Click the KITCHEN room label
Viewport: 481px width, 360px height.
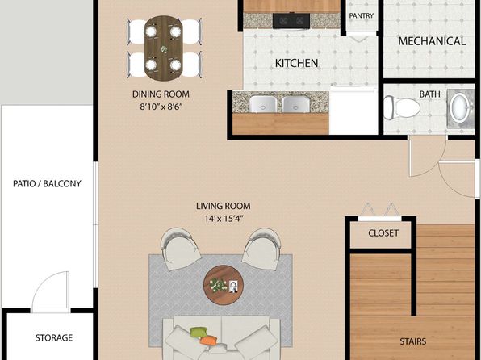point(296,63)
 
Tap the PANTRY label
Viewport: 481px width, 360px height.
point(362,15)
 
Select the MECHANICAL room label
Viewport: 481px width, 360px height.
point(432,41)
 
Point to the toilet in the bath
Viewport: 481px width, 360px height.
point(402,107)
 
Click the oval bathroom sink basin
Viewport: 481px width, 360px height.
point(459,107)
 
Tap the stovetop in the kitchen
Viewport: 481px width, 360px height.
point(291,21)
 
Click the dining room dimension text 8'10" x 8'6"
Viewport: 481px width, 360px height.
point(161,107)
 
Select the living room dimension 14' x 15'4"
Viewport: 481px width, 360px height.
point(224,219)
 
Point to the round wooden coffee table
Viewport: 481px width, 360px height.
point(224,285)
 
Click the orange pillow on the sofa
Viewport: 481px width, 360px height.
point(208,340)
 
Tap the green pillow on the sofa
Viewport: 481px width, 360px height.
point(199,332)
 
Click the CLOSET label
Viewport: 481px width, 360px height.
point(383,233)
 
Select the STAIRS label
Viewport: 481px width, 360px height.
point(413,341)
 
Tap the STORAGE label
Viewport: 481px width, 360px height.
point(54,338)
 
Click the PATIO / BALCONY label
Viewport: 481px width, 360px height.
point(47,183)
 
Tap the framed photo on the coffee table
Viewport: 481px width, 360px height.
point(233,287)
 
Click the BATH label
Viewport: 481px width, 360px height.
point(429,94)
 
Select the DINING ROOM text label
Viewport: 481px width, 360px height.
point(161,94)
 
